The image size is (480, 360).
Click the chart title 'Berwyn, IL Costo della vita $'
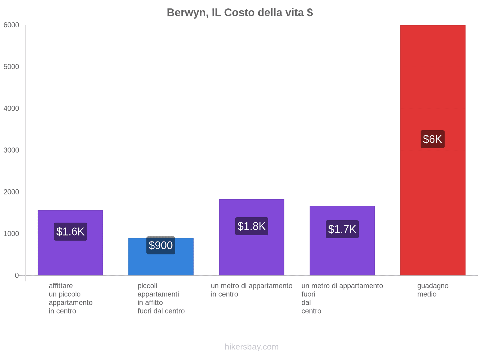tap(240, 13)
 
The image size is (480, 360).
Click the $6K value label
tap(432, 139)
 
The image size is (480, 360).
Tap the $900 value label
tap(161, 245)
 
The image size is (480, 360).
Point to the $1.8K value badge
tap(251, 226)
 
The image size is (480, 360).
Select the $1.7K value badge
tap(342, 229)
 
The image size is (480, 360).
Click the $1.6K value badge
tap(70, 232)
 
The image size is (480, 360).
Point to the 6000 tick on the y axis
tap(11, 25)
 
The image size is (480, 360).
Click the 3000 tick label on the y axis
tap(11, 150)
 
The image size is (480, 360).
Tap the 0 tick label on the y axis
tap(17, 275)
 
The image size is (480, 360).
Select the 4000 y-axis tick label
tap(11, 109)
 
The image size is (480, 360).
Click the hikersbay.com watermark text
tap(251, 347)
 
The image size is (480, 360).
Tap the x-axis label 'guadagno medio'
tap(433, 290)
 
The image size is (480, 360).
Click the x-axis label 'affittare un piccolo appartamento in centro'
tap(70, 298)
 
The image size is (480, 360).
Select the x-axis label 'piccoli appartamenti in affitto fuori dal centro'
tap(161, 298)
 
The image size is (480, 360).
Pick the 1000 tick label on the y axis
tap(11, 234)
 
